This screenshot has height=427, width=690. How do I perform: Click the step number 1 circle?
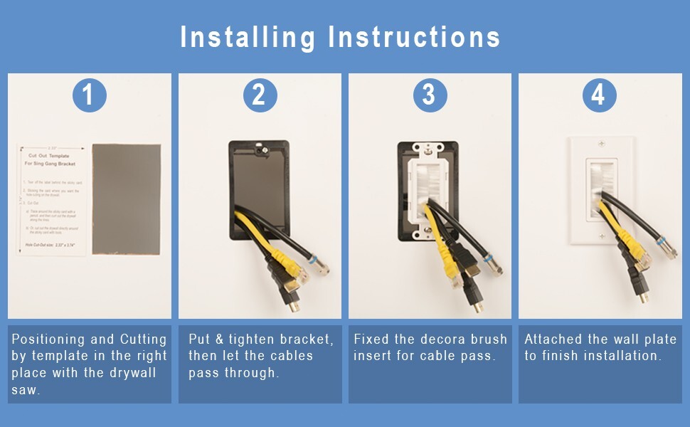point(89,95)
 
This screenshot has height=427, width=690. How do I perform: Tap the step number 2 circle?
point(260,95)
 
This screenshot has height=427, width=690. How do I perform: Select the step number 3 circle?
point(429,95)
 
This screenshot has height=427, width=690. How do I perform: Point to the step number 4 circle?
point(599,95)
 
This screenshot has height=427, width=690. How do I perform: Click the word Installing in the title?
point(247,37)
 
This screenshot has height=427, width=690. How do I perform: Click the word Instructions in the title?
point(414,37)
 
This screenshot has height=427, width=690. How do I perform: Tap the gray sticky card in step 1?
point(127,199)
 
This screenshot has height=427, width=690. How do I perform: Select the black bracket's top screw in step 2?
point(260,151)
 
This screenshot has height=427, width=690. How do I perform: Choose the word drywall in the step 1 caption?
point(133,373)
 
